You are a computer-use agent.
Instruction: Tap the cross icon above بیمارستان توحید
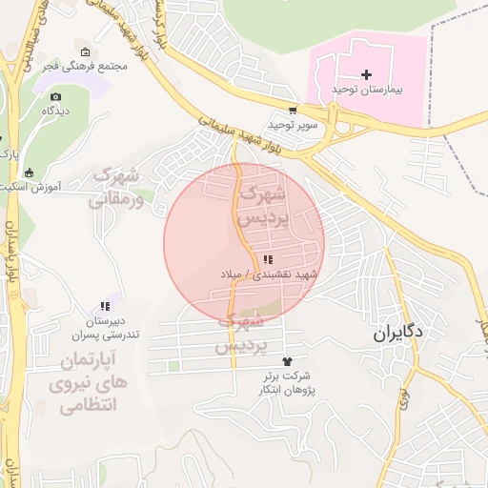coord(368,73)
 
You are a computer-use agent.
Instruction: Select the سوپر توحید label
coord(291,125)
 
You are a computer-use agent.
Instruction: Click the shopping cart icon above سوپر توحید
coord(293,110)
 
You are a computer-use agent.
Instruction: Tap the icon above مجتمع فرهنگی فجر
coord(86,52)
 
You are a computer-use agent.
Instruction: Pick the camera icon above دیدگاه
coord(56,97)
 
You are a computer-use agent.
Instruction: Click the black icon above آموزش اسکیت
coord(30,173)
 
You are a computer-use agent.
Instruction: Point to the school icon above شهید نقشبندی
coord(268,259)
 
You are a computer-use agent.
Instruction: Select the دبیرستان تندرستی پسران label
coord(106,328)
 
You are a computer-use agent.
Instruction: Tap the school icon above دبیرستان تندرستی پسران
coord(105,307)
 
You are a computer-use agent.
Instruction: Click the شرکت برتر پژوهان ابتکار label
coord(288,383)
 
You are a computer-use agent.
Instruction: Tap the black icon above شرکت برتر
coord(288,360)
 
